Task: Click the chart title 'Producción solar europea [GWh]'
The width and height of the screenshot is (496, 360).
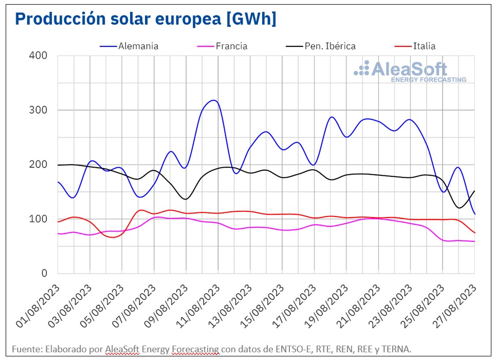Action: (x=145, y=19)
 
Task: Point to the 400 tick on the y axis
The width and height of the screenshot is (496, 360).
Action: (x=40, y=56)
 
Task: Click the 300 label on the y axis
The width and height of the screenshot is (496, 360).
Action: (x=40, y=110)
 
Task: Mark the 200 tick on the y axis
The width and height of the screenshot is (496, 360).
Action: (x=40, y=165)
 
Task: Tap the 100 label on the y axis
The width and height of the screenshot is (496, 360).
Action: (x=40, y=219)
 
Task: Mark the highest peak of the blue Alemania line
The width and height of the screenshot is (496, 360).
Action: (x=214, y=100)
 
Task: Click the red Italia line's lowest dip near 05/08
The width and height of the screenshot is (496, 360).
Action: (x=113, y=237)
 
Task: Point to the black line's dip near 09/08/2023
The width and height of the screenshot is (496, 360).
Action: (x=186, y=199)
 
